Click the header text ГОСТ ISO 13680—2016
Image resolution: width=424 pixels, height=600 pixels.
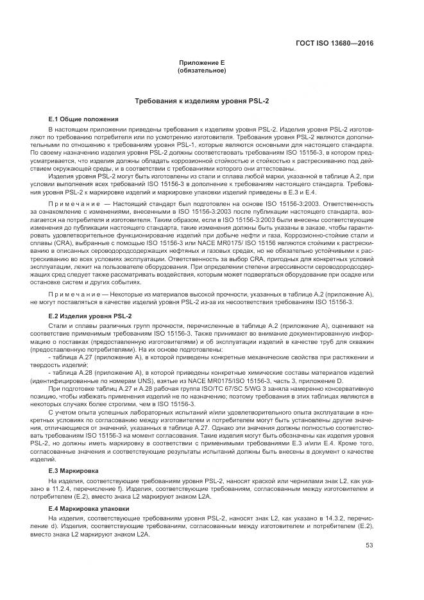343,43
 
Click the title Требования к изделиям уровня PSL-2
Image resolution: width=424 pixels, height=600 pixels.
201,101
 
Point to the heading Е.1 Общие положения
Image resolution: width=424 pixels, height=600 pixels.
83,119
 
